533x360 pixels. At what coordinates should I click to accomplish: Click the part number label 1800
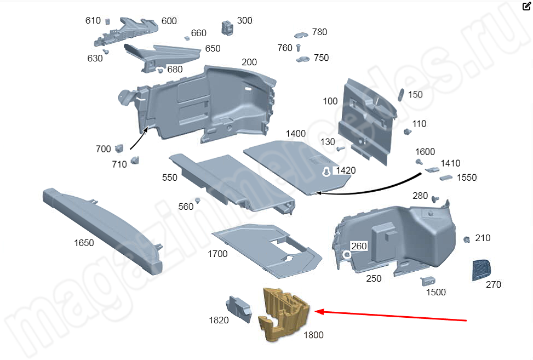(313, 335)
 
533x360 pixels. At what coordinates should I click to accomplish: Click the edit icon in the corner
(526, 6)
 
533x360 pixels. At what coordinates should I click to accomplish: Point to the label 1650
(84, 243)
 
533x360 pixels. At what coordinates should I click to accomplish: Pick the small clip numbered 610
(107, 21)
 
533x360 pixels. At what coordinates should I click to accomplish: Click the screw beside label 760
(299, 48)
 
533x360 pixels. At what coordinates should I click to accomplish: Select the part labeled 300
(227, 27)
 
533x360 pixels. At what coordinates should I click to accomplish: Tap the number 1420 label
(346, 170)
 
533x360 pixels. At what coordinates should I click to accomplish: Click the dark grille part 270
(482, 270)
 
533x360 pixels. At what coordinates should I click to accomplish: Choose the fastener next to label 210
(467, 239)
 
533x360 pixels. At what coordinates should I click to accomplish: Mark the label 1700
(217, 254)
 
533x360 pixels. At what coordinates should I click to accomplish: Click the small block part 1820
(239, 308)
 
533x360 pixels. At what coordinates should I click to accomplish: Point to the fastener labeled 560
(197, 200)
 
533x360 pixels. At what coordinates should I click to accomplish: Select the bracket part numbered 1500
(428, 281)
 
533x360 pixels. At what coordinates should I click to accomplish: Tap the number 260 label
(359, 246)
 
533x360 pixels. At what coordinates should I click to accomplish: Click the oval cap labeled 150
(401, 95)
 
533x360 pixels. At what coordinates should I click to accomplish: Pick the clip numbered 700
(119, 148)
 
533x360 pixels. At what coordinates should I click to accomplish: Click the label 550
(170, 178)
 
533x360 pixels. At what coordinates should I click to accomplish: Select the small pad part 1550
(446, 178)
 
